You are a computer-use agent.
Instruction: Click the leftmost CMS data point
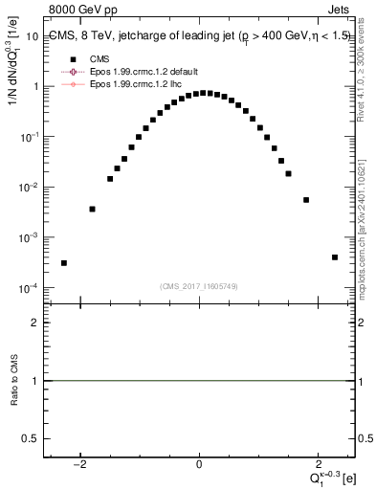click(x=64, y=263)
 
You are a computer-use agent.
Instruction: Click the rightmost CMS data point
click(x=335, y=256)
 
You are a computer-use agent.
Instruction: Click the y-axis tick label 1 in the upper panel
click(x=34, y=86)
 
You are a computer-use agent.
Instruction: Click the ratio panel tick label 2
click(x=34, y=323)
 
